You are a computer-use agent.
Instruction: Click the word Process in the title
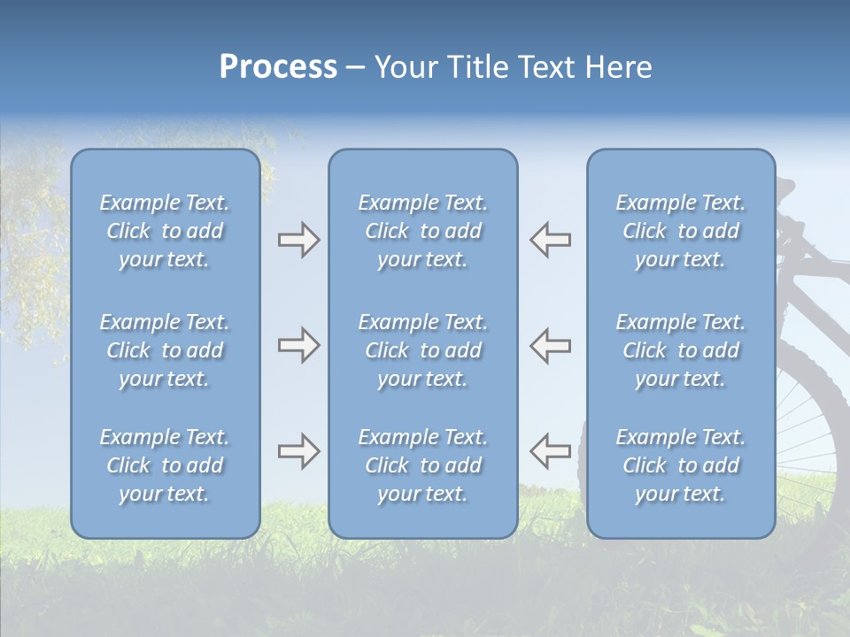[x=278, y=67]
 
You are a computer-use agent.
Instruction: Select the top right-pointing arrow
[x=298, y=240]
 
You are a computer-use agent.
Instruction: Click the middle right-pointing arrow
[x=298, y=345]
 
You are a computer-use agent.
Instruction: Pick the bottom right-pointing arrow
[x=298, y=451]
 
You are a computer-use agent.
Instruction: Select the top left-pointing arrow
[x=550, y=240]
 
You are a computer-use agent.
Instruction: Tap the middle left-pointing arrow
[x=550, y=345]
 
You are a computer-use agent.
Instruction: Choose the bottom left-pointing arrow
[x=550, y=451]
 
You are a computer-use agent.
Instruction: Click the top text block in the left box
[x=165, y=231]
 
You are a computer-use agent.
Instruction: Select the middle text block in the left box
[x=165, y=350]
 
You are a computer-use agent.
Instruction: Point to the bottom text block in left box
[x=165, y=465]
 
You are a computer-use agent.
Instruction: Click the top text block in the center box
[x=422, y=231]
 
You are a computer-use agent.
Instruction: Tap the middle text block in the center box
[x=422, y=350]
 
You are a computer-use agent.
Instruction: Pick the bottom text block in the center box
[x=422, y=465]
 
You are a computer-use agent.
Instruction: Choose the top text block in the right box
[x=680, y=231]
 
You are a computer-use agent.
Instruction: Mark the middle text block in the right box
[x=680, y=350]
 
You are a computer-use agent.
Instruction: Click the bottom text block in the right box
[x=680, y=465]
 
